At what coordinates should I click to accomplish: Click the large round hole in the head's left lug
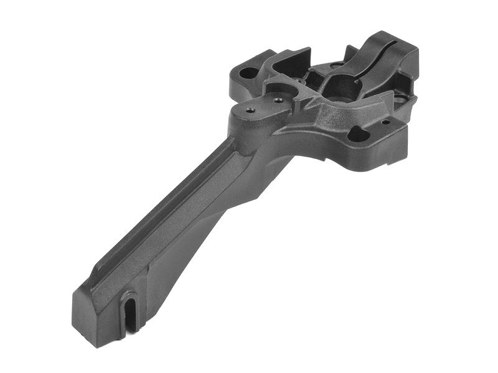(248, 73)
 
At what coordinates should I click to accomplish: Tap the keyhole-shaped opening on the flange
(359, 133)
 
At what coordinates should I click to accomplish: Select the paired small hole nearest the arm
(251, 111)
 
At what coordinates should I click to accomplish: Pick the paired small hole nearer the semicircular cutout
(278, 99)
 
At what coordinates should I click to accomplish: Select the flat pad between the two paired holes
(264, 106)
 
